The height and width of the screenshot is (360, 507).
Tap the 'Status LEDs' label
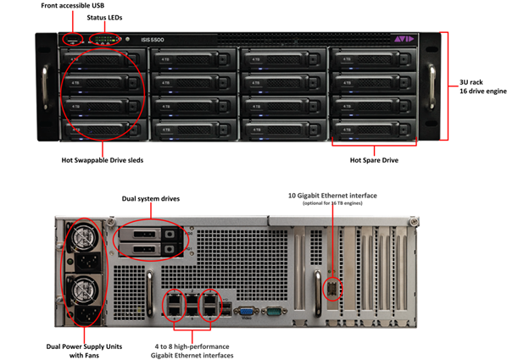pyautogui.click(x=103, y=18)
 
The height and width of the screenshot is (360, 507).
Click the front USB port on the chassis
pyautogui.click(x=73, y=40)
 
